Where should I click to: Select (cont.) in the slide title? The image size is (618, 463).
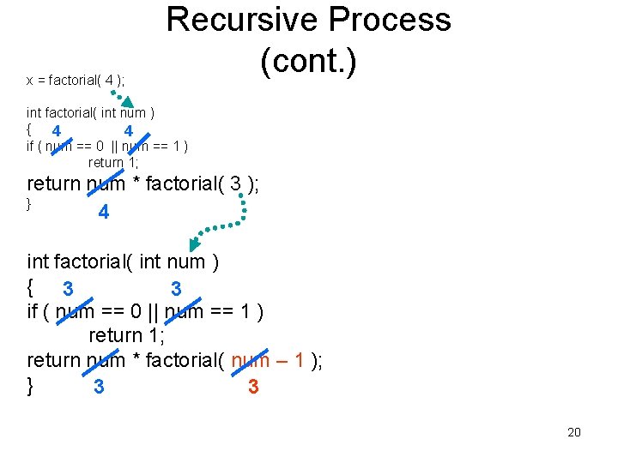pyautogui.click(x=308, y=61)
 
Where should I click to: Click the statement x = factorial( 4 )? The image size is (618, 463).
pyautogui.click(x=76, y=81)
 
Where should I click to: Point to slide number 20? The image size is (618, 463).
pyautogui.click(x=573, y=432)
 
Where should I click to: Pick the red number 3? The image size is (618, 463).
pyautogui.click(x=253, y=388)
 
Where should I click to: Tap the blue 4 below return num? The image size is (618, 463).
pyautogui.click(x=103, y=212)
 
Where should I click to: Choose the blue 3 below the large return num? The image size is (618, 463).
pyautogui.click(x=100, y=388)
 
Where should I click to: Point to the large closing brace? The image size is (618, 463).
pyautogui.click(x=31, y=385)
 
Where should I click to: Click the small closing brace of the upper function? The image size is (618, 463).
pyautogui.click(x=29, y=203)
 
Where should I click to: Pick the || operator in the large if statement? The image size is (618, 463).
pyautogui.click(x=151, y=311)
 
